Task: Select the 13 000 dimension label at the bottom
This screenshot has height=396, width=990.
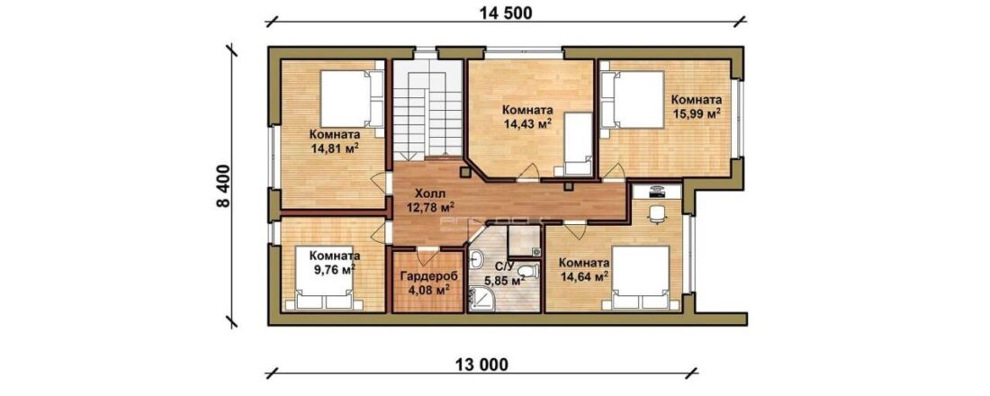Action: pyautogui.click(x=481, y=364)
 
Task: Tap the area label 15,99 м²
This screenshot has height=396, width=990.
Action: pyautogui.click(x=696, y=114)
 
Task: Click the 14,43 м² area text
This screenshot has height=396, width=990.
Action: pyautogui.click(x=524, y=124)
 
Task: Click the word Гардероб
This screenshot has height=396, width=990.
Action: pyautogui.click(x=428, y=276)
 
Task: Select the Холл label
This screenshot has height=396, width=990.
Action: pyautogui.click(x=428, y=193)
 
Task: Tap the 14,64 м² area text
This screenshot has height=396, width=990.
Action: pyautogui.click(x=584, y=275)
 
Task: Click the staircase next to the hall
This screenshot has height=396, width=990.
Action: pyautogui.click(x=428, y=112)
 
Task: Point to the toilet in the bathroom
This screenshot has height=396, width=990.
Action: pyautogui.click(x=530, y=271)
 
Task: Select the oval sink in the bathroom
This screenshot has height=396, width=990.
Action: pyautogui.click(x=477, y=258)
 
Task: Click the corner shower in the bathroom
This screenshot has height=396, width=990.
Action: pyautogui.click(x=481, y=298)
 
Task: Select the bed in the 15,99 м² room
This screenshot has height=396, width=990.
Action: pyautogui.click(x=632, y=100)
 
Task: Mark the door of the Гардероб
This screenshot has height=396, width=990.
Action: pyautogui.click(x=427, y=256)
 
